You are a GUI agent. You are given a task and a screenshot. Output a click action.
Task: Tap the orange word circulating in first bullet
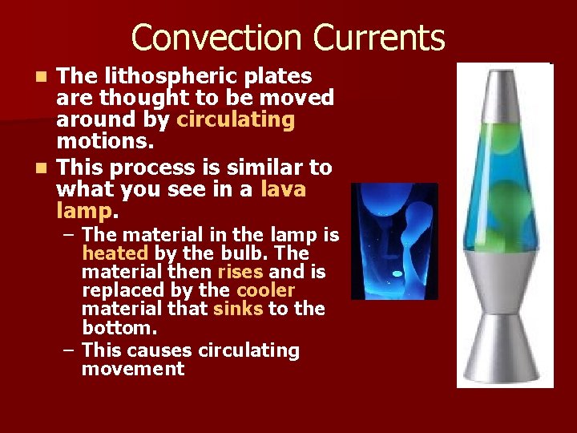(236, 120)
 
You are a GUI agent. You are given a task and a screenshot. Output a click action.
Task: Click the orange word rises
(240, 272)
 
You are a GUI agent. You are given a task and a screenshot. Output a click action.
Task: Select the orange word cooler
(265, 290)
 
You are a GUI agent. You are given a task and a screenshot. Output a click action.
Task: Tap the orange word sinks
(238, 309)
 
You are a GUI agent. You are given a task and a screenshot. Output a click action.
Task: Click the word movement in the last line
(132, 369)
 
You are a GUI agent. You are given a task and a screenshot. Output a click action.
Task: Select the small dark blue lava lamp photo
(394, 241)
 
